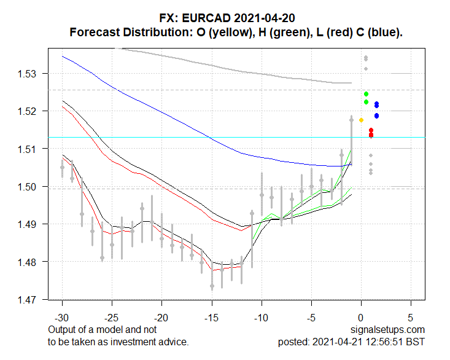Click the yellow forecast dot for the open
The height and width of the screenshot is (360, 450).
(361, 120)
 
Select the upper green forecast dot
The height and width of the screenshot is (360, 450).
(366, 94)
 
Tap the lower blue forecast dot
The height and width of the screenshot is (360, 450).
(376, 115)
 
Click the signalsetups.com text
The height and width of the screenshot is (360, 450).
(389, 331)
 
